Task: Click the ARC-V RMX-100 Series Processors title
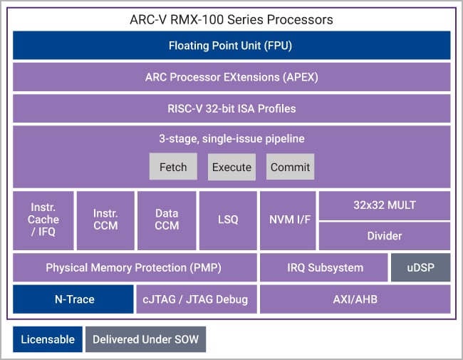point(231,19)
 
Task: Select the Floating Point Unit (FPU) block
point(231,46)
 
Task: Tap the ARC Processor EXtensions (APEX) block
point(231,77)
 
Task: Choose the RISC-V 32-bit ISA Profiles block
point(231,108)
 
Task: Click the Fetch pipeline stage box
point(173,167)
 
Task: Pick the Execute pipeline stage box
point(231,167)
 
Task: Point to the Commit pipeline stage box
point(290,167)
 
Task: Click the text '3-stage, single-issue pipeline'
point(231,138)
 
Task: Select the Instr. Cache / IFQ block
point(43,220)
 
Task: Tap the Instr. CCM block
point(105,220)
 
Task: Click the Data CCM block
point(167,220)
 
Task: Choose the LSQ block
point(228,220)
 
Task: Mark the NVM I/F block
point(288,220)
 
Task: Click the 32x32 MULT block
point(384,205)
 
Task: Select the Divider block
point(384,236)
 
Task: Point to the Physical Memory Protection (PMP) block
point(135,268)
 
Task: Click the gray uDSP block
point(420,268)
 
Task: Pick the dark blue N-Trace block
point(73,299)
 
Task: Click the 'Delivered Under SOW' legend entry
point(145,339)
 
